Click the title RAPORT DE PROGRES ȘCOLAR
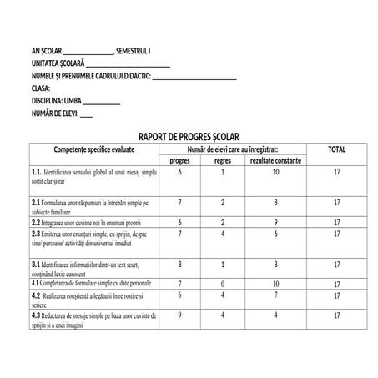[188, 136]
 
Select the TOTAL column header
[336, 149]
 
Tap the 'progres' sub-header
[179, 160]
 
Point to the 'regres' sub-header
[223, 160]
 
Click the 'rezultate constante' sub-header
[275, 160]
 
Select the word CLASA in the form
[42, 87]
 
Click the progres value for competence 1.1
[179, 172]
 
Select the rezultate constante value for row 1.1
[275, 172]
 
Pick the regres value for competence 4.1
[223, 284]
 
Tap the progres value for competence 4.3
[179, 315]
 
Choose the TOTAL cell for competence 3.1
[336, 264]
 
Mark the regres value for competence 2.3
[223, 234]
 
